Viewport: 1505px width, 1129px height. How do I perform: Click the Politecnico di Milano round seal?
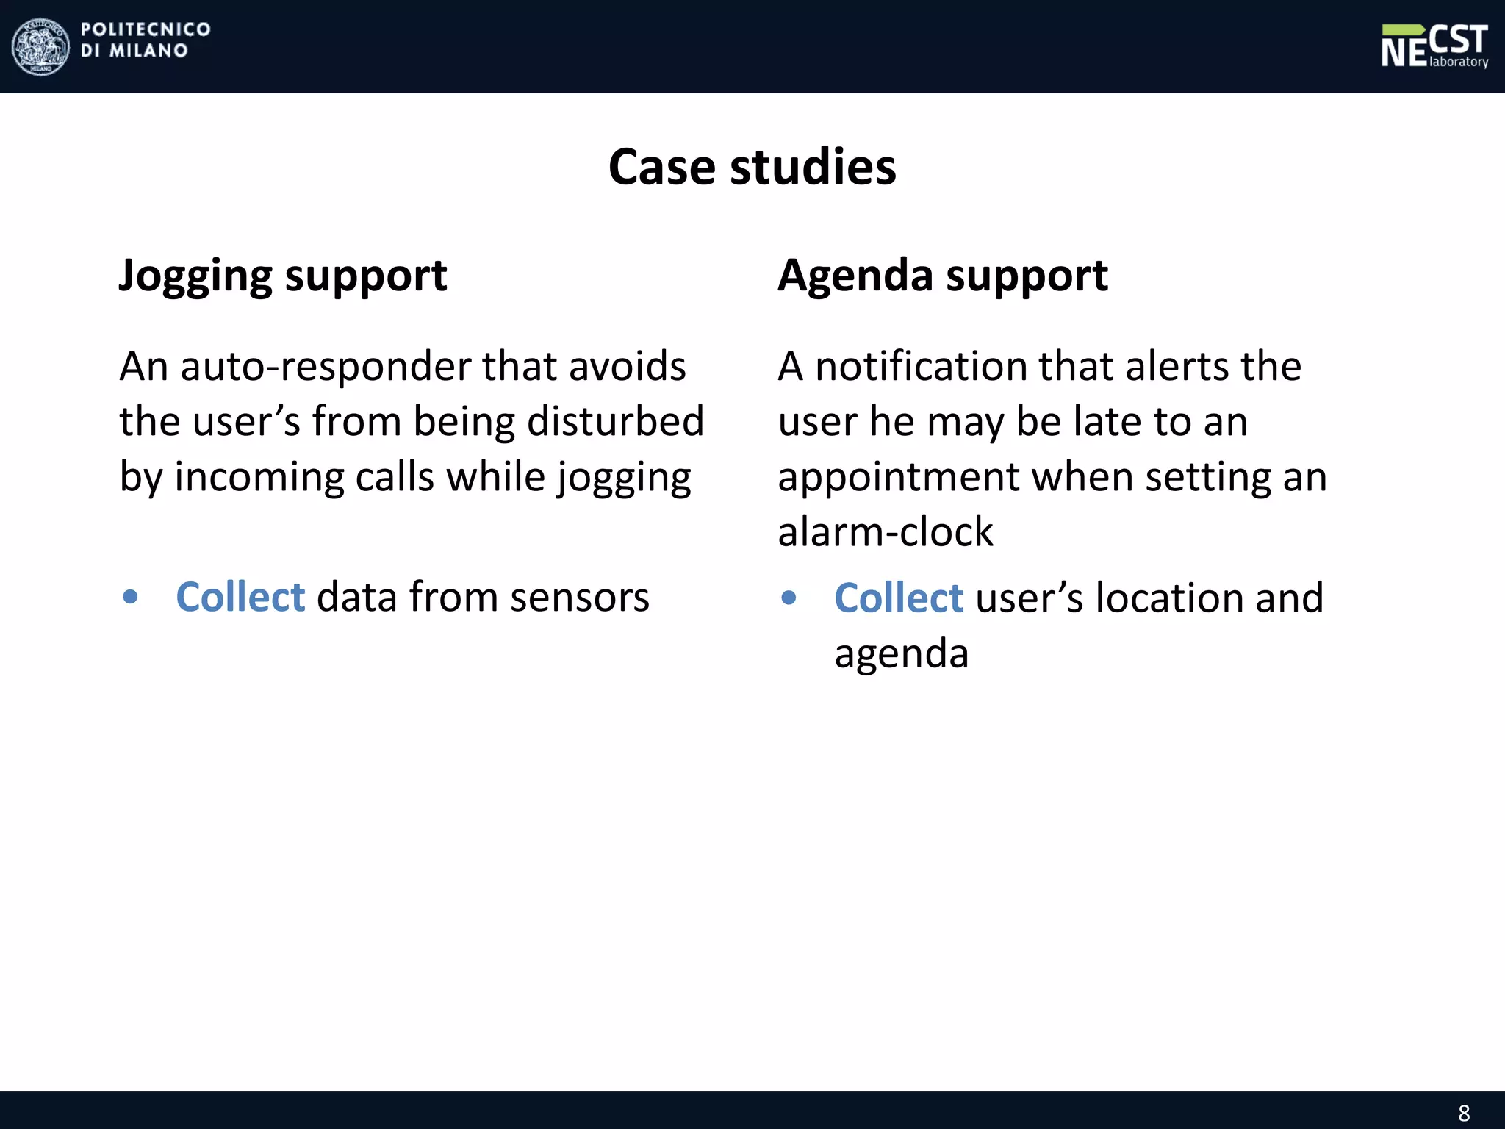pyautogui.click(x=41, y=46)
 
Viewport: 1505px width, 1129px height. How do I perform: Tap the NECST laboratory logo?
pyautogui.click(x=1434, y=46)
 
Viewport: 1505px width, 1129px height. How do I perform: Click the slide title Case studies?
pyautogui.click(x=752, y=167)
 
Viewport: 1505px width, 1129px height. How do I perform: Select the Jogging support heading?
pyautogui.click(x=283, y=276)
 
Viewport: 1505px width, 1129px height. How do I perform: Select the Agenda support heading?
pyautogui.click(x=943, y=276)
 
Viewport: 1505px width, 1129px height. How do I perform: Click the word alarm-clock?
pyautogui.click(x=886, y=531)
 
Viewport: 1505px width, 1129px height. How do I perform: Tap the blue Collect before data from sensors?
pyautogui.click(x=240, y=596)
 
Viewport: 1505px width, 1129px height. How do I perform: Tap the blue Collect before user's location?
pyautogui.click(x=899, y=597)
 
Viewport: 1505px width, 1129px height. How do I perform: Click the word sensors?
pyautogui.click(x=580, y=596)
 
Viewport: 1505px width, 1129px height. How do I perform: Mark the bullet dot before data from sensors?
pyautogui.click(x=131, y=597)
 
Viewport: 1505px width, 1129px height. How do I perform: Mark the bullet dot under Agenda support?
pyautogui.click(x=789, y=598)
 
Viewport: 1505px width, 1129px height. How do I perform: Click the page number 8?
pyautogui.click(x=1464, y=1113)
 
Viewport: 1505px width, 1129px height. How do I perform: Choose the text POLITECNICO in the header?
pyautogui.click(x=146, y=29)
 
